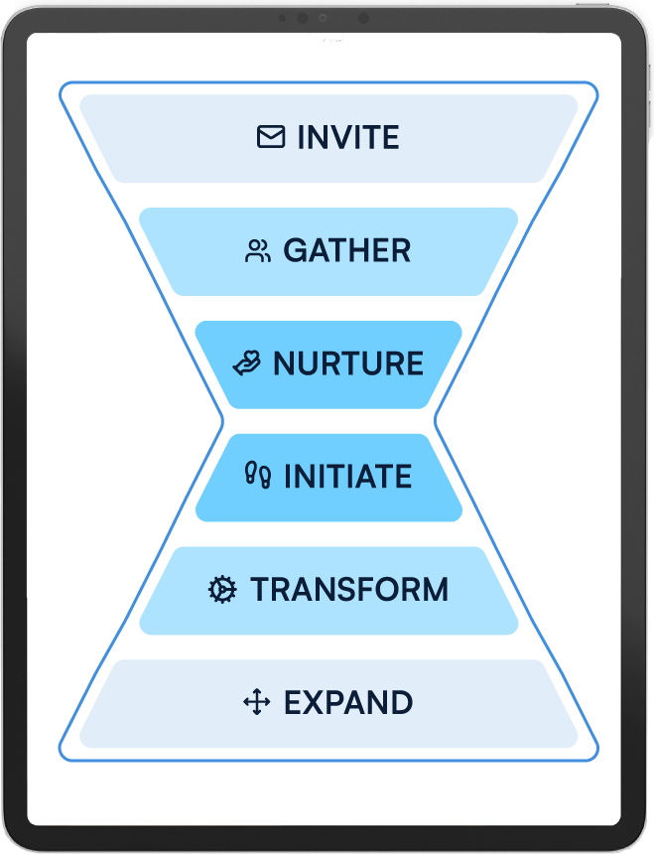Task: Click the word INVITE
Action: click(x=348, y=137)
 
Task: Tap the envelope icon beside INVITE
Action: click(x=271, y=137)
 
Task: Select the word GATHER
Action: click(x=347, y=250)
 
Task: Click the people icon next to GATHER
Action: click(x=258, y=250)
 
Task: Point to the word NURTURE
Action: click(x=348, y=363)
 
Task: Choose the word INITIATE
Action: click(x=347, y=477)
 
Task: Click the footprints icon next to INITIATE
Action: click(x=258, y=477)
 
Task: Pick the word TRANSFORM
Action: click(x=349, y=590)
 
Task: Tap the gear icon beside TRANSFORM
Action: click(x=222, y=590)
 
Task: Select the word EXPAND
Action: click(x=348, y=703)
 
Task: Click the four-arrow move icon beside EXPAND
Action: click(x=257, y=703)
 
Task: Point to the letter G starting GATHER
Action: click(x=295, y=250)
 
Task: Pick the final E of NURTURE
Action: click(x=415, y=363)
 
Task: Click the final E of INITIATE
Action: click(x=403, y=477)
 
